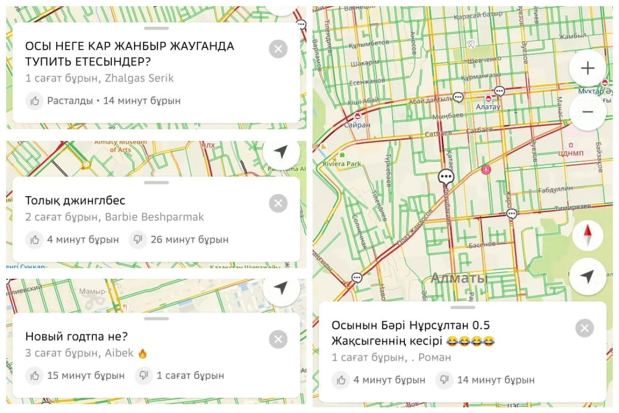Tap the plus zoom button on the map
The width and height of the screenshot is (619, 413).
coord(588,68)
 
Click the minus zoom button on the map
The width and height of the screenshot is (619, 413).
coord(588,112)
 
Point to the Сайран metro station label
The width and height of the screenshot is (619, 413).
coord(358,125)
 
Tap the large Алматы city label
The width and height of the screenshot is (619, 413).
coord(459,278)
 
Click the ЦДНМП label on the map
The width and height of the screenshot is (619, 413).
coord(572,153)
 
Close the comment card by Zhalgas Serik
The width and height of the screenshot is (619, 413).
coord(278,49)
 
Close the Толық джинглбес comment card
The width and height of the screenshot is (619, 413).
coord(278,203)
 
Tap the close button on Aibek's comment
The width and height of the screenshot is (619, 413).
coord(278,339)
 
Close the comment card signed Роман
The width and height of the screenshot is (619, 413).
coord(584,328)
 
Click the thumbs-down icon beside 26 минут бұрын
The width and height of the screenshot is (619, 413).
coord(138,240)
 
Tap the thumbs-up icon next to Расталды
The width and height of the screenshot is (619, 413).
coord(35,101)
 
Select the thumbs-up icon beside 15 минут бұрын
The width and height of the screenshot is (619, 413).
coord(35,375)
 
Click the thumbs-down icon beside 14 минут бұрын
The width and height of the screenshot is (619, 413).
coord(444,380)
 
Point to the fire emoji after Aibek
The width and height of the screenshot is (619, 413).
coord(143,354)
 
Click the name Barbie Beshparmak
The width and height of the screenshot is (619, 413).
coord(154,217)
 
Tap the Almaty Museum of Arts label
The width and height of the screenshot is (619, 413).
coord(120,146)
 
